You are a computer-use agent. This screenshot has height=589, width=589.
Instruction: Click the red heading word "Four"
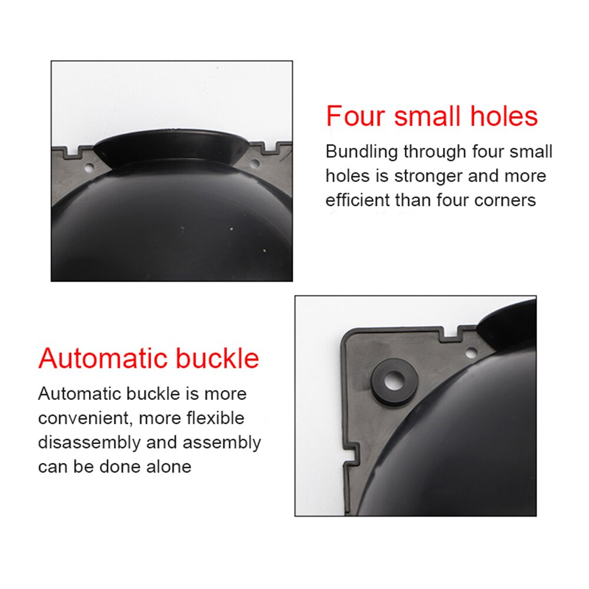click(x=356, y=116)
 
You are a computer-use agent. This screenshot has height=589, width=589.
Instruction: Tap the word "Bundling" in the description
click(x=360, y=151)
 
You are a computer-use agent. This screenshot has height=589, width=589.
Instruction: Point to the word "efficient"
click(x=357, y=200)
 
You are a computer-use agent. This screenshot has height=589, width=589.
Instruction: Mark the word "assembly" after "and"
click(x=224, y=442)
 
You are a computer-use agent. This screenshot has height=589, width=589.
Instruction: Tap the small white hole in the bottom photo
click(x=471, y=353)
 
